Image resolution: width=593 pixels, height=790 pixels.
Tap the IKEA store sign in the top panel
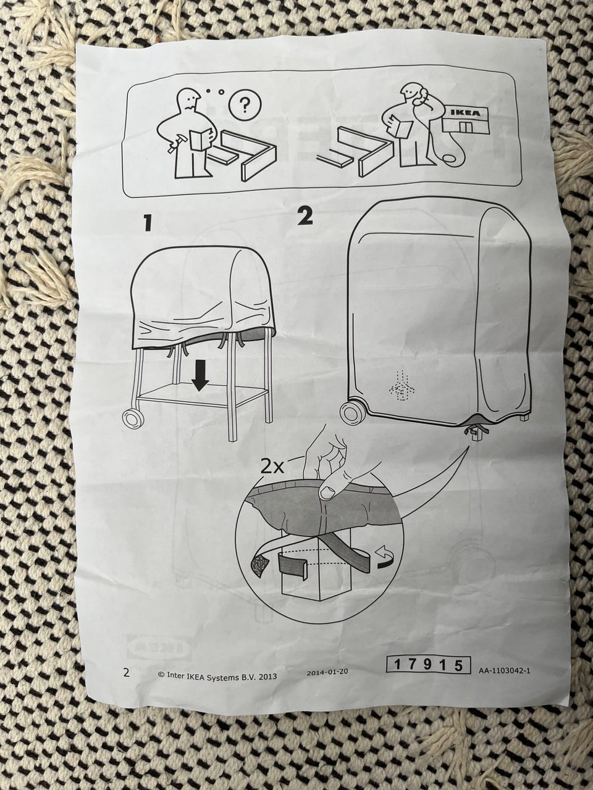point(466,114)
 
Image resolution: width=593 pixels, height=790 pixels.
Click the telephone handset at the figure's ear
point(422,97)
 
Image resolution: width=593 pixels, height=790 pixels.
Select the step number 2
point(305,217)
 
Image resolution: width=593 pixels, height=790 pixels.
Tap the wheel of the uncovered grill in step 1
point(134,417)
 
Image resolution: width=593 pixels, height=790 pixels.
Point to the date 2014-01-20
point(327,671)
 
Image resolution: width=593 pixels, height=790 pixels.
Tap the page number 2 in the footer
point(126,672)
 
